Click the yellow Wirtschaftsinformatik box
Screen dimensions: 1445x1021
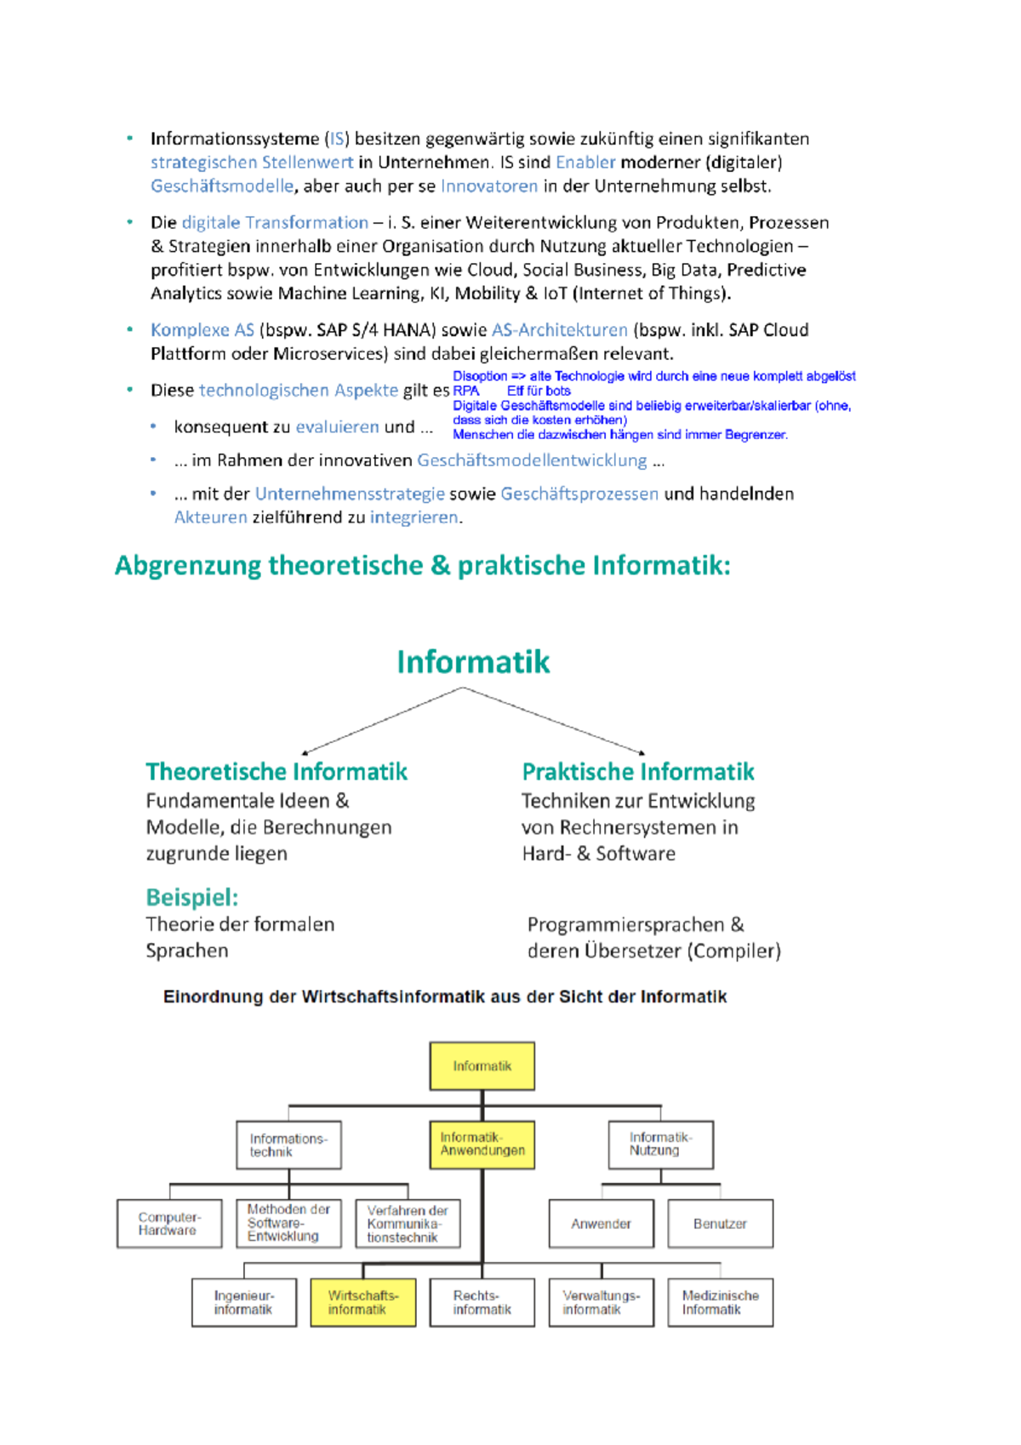point(363,1302)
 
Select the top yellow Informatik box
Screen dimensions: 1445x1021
point(482,1065)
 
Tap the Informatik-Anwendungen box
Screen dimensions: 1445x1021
point(482,1144)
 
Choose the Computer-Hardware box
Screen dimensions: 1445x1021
point(169,1224)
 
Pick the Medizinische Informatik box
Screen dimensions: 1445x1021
point(720,1302)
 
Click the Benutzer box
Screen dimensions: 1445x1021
point(720,1224)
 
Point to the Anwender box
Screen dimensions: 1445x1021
point(601,1224)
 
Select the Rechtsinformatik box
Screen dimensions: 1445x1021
point(482,1302)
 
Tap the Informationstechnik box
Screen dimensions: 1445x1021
point(288,1145)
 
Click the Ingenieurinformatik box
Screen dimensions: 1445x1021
point(244,1302)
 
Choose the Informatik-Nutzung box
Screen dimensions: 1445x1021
point(660,1144)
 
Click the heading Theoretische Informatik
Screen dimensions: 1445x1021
point(277,772)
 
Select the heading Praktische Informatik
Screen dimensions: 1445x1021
point(638,772)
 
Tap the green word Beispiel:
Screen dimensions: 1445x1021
point(192,897)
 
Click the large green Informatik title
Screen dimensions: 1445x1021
point(473,662)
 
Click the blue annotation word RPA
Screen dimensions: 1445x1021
point(466,391)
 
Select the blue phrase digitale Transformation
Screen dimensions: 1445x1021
point(275,223)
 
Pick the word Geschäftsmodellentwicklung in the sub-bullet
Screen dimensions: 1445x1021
point(532,460)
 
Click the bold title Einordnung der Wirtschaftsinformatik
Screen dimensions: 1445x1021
point(445,997)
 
